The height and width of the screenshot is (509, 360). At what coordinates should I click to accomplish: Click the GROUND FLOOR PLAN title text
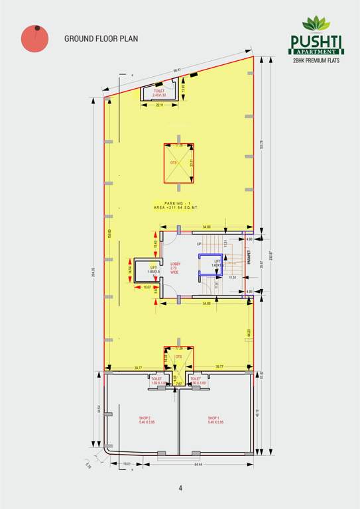[100, 38]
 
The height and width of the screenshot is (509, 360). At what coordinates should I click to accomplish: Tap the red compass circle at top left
[34, 40]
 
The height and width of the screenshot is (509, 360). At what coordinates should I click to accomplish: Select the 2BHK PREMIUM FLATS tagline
[315, 60]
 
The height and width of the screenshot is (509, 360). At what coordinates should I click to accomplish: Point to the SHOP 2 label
[147, 420]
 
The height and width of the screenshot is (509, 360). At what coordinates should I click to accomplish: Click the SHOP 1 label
[215, 420]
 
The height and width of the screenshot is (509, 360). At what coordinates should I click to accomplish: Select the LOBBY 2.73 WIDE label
[175, 268]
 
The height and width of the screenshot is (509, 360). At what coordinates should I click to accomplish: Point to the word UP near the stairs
[198, 245]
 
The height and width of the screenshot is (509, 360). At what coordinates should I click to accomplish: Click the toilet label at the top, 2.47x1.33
[158, 93]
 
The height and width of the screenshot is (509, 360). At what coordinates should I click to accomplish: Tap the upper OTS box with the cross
[179, 162]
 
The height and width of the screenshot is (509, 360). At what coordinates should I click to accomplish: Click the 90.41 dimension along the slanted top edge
[177, 70]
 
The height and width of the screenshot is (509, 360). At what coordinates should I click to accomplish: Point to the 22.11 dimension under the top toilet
[160, 105]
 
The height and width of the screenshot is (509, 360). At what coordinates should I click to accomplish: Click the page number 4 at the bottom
[180, 488]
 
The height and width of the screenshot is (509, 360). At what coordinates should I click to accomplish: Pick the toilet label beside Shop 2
[156, 381]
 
